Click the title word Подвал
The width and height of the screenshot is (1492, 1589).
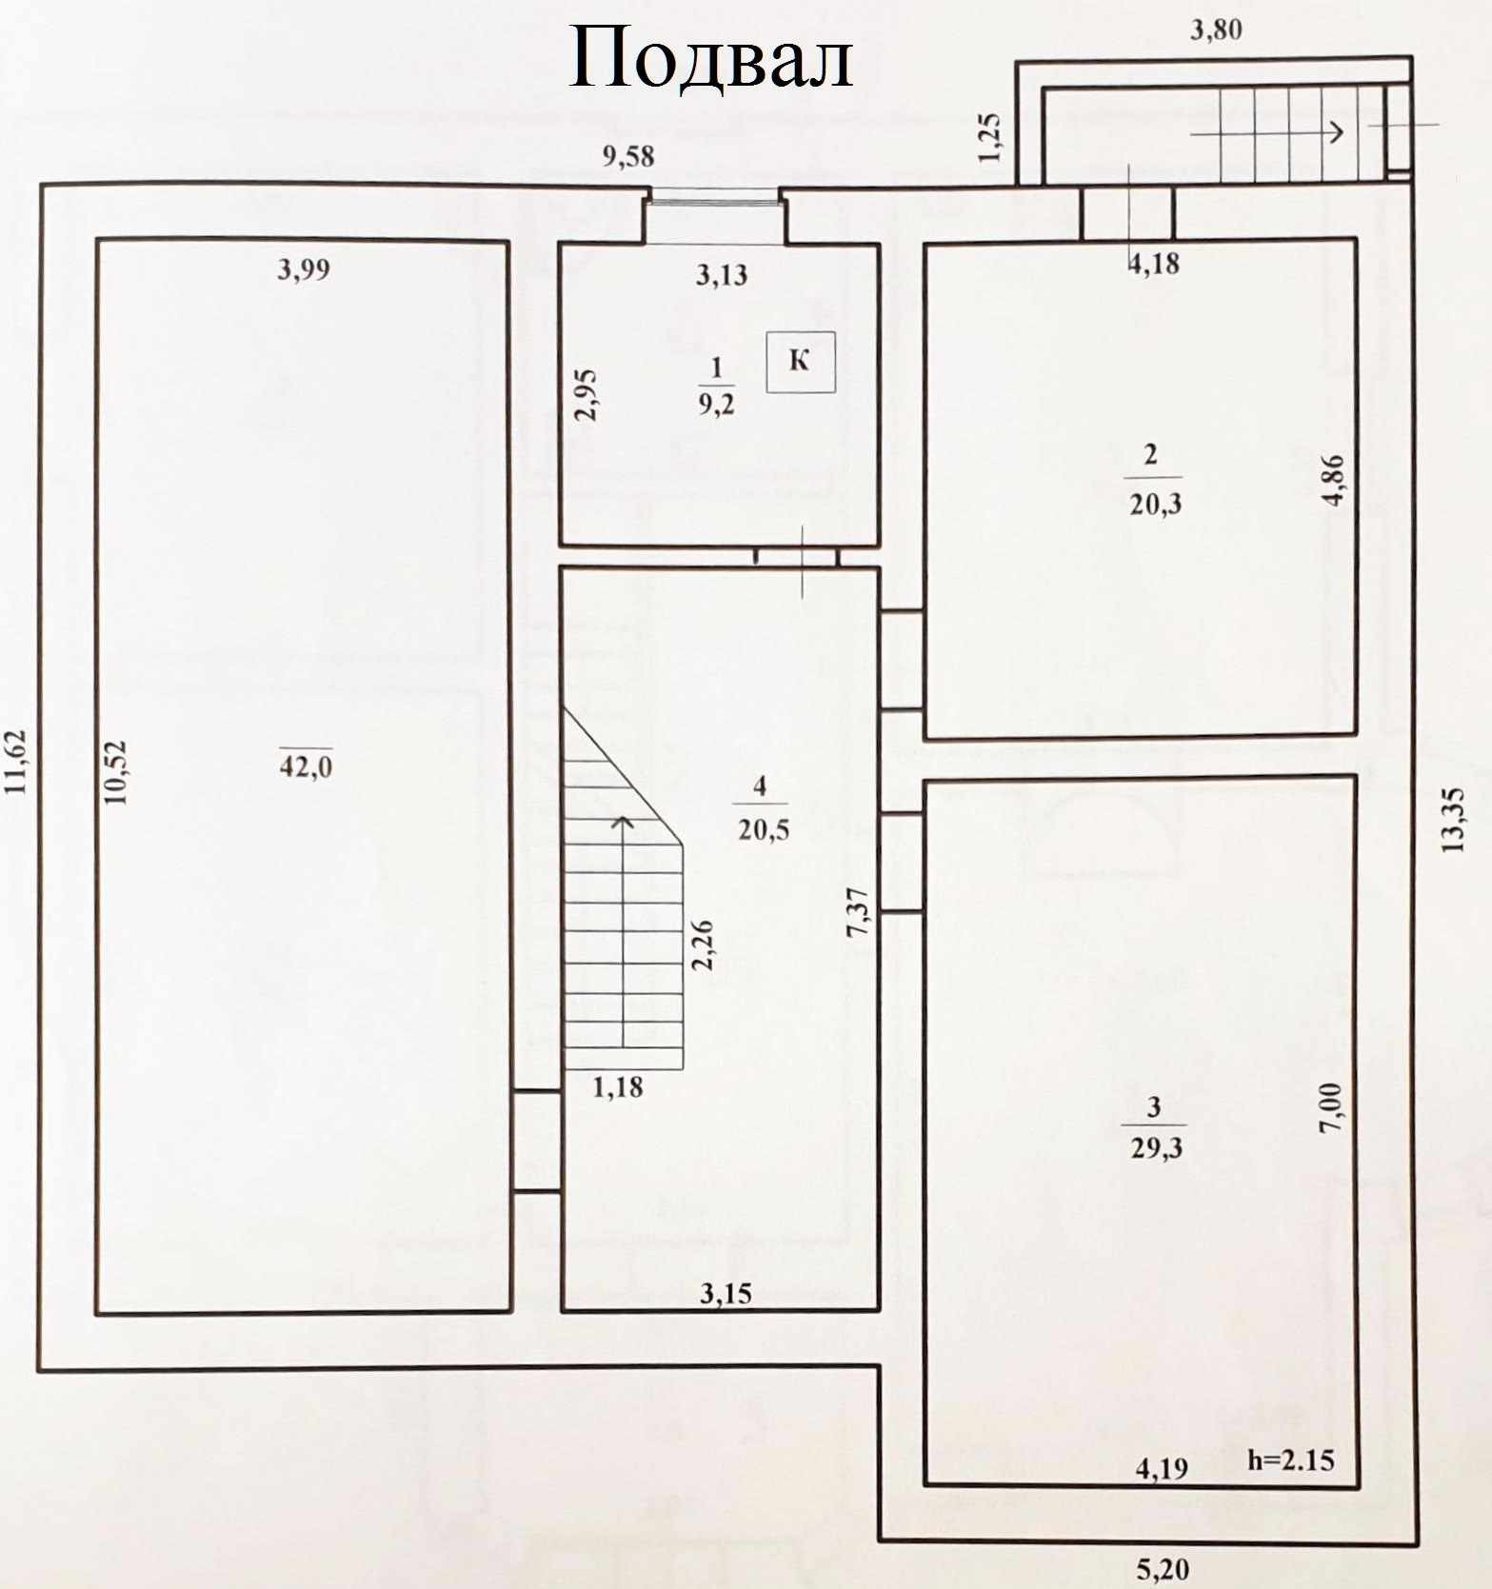pos(709,58)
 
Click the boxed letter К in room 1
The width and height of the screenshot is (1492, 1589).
pos(801,361)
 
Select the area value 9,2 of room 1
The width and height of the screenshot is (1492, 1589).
pos(716,405)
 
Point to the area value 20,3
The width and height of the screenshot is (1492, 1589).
pos(1155,503)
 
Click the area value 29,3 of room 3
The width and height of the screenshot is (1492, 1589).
pos(1156,1148)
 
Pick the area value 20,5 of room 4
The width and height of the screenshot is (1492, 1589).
pos(763,829)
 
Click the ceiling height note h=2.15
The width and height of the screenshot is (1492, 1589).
pos(1290,1460)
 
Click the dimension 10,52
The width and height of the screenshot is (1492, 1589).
pos(116,772)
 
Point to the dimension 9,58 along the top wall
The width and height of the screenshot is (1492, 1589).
pos(628,155)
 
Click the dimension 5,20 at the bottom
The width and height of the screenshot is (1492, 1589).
pos(1163,1568)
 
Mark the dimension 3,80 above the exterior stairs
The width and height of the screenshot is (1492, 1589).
pos(1216,30)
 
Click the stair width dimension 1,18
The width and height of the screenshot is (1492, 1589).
pos(618,1086)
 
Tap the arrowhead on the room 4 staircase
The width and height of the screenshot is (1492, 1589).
pos(623,821)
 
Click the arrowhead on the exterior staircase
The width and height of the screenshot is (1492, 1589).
pos(1338,132)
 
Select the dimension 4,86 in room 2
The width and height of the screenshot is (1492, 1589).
pos(1335,480)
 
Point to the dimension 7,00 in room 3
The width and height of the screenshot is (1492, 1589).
pos(1332,1107)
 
